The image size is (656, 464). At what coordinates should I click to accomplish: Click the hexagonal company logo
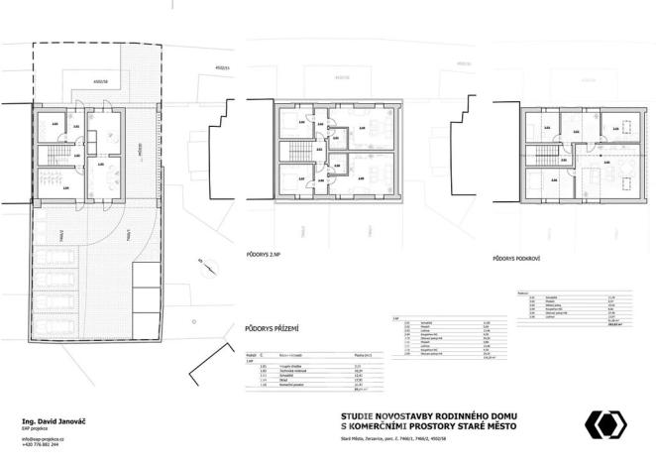click(x=604, y=424)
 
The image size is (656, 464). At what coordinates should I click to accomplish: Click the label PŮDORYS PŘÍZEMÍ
click(x=272, y=325)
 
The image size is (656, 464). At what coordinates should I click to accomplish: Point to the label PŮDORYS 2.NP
click(x=267, y=255)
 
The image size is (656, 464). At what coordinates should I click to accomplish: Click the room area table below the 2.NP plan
click(x=433, y=341)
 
